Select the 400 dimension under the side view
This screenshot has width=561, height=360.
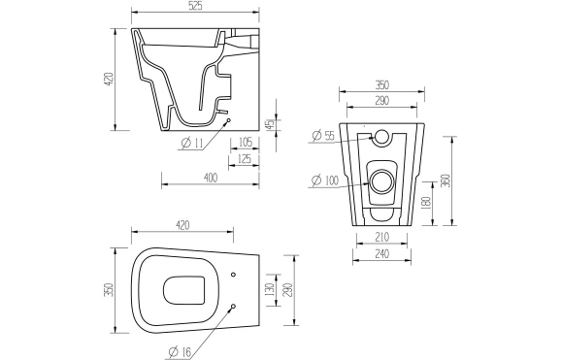[210, 177]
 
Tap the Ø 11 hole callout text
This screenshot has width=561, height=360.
[192, 143]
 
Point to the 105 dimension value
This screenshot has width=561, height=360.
[245, 142]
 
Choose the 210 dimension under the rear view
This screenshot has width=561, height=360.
[382, 236]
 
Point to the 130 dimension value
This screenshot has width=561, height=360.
[268, 291]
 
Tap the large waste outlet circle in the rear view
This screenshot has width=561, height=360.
[382, 180]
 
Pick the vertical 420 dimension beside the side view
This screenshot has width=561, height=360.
[109, 79]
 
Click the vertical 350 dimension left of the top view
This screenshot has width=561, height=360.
[109, 290]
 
